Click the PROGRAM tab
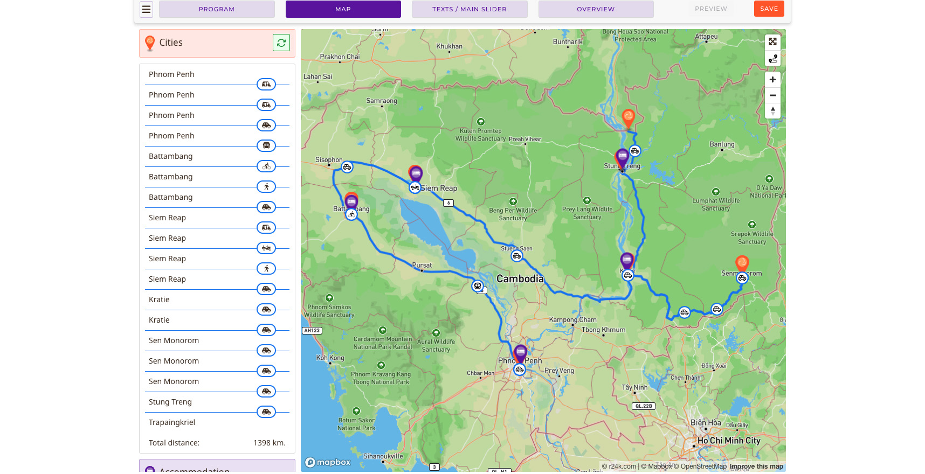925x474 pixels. [216, 9]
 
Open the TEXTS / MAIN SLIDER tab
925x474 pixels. [469, 9]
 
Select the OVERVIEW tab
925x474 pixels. [595, 9]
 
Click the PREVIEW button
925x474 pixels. [710, 9]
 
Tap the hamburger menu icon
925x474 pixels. [146, 9]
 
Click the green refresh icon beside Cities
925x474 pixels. [281, 43]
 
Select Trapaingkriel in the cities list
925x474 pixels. [172, 422]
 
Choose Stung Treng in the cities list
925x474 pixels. [170, 402]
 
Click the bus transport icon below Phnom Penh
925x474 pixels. [266, 145]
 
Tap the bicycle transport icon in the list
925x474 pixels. [266, 166]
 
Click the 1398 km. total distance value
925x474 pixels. [269, 443]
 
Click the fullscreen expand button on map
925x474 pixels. [772, 42]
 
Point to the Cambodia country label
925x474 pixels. [520, 278]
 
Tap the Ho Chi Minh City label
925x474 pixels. [729, 441]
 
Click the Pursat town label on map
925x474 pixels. [422, 265]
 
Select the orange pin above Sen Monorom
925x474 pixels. [742, 263]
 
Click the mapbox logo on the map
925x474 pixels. [328, 462]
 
